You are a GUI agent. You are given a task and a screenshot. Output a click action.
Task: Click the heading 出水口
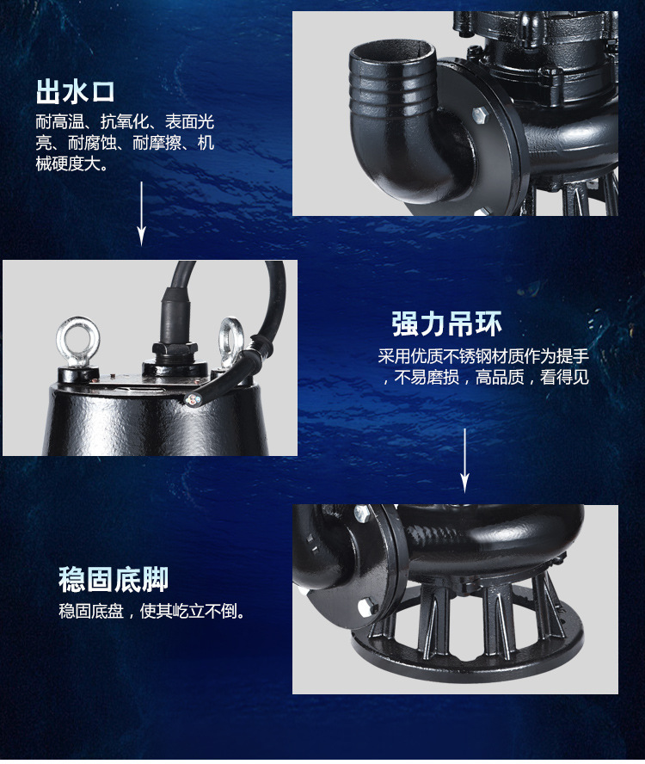tap(76, 91)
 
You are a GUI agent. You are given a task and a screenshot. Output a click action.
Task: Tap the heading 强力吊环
tap(446, 323)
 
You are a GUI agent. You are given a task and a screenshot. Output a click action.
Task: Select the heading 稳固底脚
tap(114, 579)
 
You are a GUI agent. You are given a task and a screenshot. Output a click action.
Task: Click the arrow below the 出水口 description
tap(141, 214)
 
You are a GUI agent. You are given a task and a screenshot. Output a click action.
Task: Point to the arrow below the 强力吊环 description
tap(465, 460)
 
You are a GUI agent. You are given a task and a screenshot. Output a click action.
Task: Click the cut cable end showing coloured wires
tap(193, 401)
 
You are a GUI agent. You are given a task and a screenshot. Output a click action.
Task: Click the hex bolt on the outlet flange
tap(481, 116)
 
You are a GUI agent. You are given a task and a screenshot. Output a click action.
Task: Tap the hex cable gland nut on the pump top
tap(175, 348)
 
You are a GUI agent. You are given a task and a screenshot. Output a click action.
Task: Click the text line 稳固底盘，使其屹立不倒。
tap(152, 611)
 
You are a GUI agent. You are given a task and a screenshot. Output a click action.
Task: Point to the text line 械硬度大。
tap(72, 164)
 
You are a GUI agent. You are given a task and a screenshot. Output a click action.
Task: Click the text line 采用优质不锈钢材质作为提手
tap(483, 356)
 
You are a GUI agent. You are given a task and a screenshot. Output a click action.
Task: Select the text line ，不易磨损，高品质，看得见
tap(486, 377)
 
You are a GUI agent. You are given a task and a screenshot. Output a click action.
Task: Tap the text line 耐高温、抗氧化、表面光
tap(125, 122)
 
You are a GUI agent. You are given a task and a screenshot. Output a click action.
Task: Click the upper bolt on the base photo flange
tap(362, 514)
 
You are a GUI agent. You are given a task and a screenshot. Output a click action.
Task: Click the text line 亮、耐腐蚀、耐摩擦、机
tap(125, 143)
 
